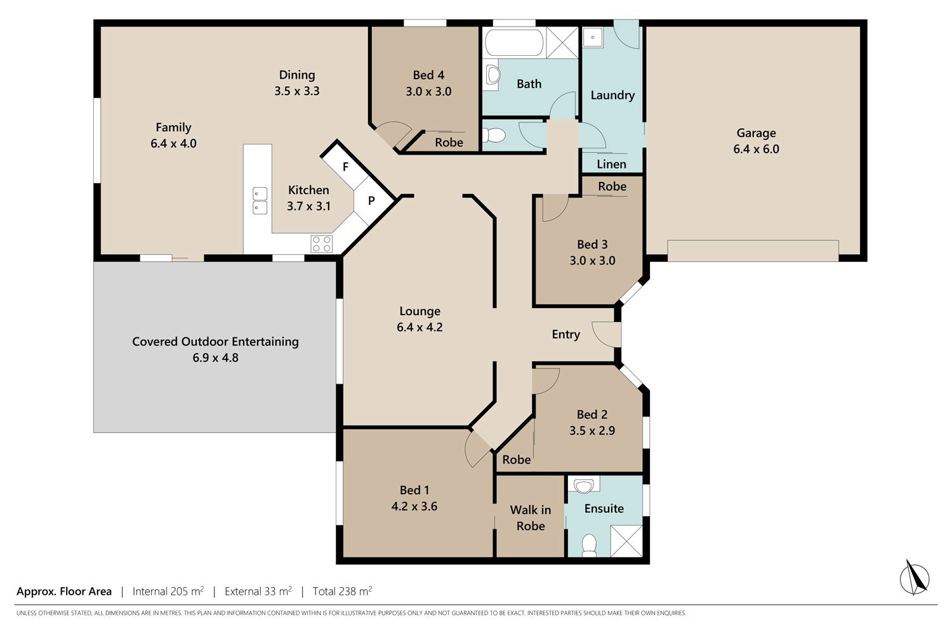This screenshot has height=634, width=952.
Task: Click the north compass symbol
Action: (x=915, y=578)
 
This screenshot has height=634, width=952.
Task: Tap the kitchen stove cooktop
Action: (x=322, y=243)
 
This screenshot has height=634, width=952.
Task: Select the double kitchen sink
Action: (x=260, y=200)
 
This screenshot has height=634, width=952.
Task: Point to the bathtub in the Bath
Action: (x=514, y=42)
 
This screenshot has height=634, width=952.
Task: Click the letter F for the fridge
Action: (x=345, y=167)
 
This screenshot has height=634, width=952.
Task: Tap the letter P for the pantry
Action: (x=371, y=200)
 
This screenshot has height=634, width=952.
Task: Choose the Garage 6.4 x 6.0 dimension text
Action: (x=756, y=149)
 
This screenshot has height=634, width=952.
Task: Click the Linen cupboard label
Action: (x=611, y=164)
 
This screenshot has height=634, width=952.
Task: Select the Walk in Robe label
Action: (x=531, y=517)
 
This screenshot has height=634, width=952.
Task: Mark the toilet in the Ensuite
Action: (x=589, y=545)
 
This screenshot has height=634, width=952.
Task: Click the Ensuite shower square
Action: (x=626, y=541)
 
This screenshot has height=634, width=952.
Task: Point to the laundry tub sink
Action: (x=593, y=38)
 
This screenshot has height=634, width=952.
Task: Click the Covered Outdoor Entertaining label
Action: (x=216, y=342)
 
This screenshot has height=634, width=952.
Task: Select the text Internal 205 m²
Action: (x=168, y=591)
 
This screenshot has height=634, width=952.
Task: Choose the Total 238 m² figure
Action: (x=343, y=591)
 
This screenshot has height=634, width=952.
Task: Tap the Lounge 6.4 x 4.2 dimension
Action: (x=420, y=327)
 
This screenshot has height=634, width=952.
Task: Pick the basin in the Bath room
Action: (x=493, y=75)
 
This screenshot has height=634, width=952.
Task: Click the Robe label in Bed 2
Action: (x=517, y=460)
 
